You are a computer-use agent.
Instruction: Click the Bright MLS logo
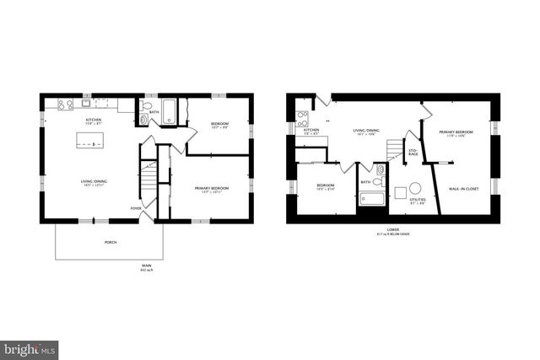tap(30, 347)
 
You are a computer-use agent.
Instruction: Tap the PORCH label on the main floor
tap(111, 242)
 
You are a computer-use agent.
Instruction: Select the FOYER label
tap(135, 207)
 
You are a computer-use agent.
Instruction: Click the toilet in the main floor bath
tap(145, 120)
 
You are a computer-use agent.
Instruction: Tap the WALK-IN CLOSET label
tap(463, 189)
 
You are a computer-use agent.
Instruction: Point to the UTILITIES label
tap(417, 201)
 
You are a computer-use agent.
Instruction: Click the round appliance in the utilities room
tap(415, 189)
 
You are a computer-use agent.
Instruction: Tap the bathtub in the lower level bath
tap(371, 199)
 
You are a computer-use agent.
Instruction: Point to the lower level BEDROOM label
tap(325, 185)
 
